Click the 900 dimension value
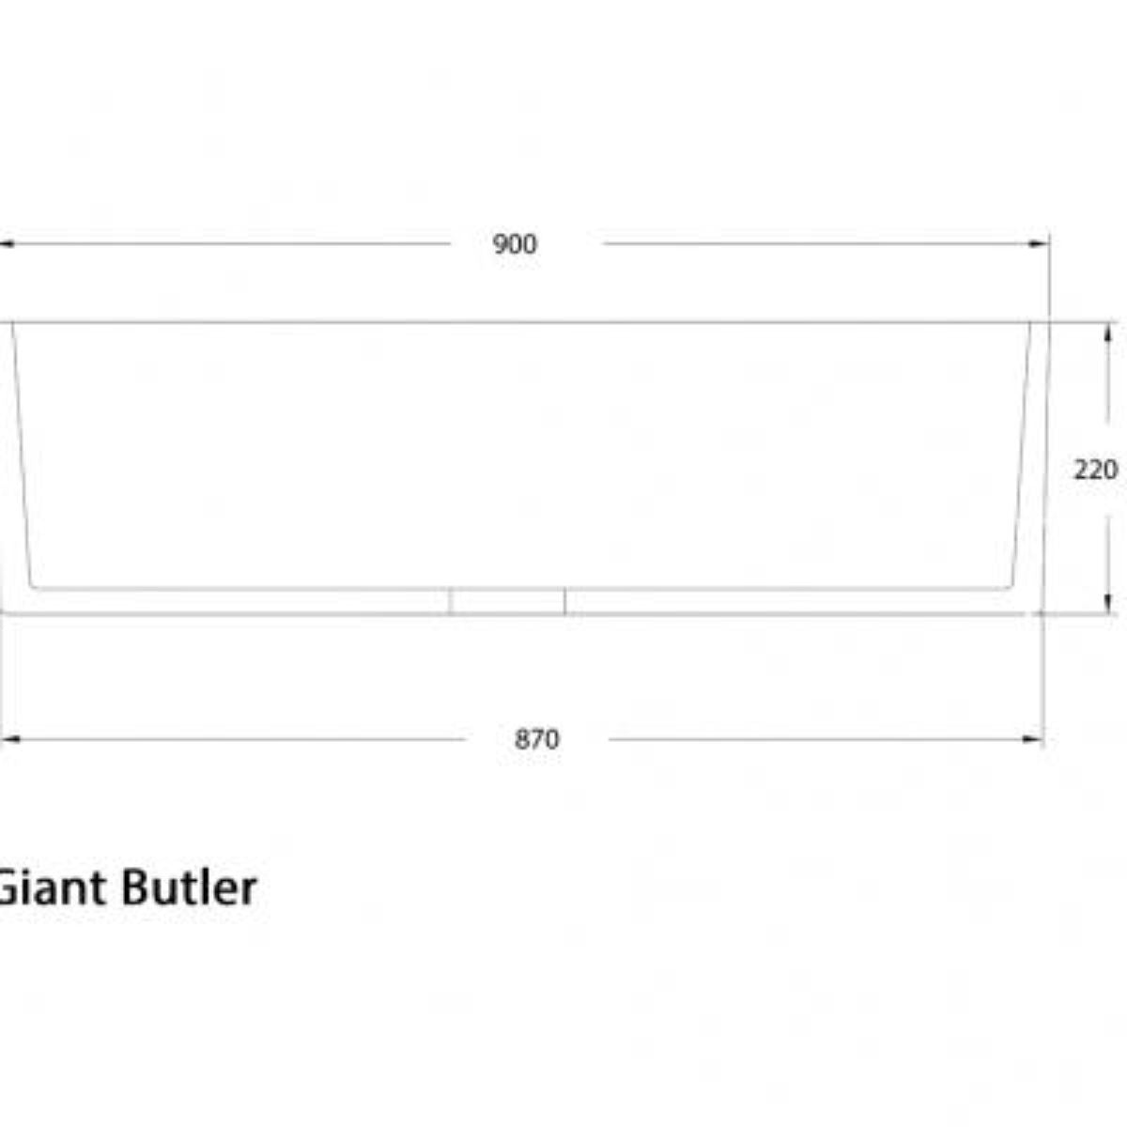(x=515, y=244)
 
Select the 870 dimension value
(x=536, y=739)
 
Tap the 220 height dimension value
(x=1095, y=469)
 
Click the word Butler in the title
(x=187, y=888)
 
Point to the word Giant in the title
(x=49, y=888)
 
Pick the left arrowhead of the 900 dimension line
(x=6, y=244)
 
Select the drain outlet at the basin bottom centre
(x=507, y=601)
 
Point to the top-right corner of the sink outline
(x=1031, y=323)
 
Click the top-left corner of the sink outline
(x=11, y=323)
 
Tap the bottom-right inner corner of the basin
(x=1009, y=588)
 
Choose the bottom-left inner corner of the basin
(x=34, y=588)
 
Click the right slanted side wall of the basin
(x=1021, y=455)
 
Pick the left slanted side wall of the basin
(x=22, y=455)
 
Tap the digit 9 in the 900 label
(x=501, y=244)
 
